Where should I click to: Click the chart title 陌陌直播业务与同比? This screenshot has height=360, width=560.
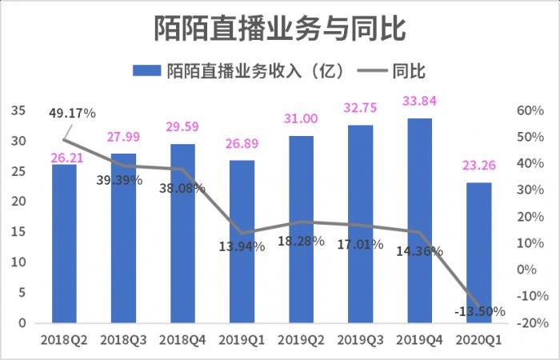coord(280,30)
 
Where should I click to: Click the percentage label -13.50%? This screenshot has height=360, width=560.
coord(480,311)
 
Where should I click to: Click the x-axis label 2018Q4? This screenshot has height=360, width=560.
coord(182,341)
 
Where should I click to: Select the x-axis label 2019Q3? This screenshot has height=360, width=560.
coord(360,341)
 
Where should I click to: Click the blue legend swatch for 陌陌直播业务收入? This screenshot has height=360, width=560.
coord(147,70)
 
